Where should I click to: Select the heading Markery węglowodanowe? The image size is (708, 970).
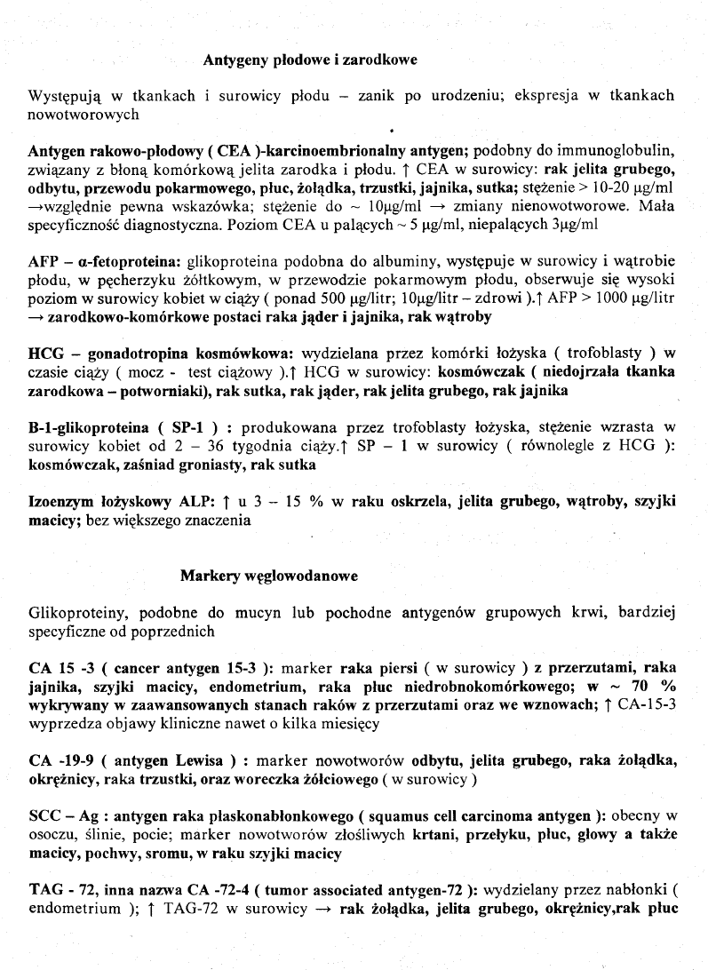pyautogui.click(x=268, y=576)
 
